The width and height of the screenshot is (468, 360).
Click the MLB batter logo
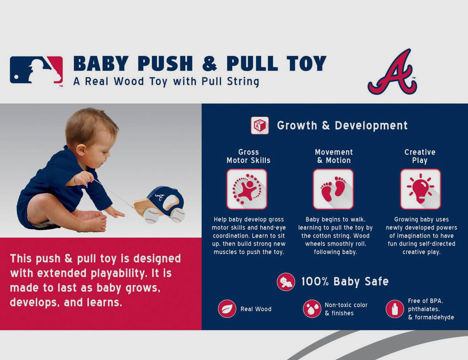tap(36, 70)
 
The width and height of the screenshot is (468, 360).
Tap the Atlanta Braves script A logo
tap(392, 72)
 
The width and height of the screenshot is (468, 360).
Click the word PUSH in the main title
tap(167, 63)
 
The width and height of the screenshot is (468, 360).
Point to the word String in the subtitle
tap(243, 82)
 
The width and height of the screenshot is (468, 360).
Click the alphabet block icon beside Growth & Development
tap(260, 125)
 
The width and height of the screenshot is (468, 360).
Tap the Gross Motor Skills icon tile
tap(247, 189)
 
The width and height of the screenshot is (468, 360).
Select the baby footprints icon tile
tap(333, 189)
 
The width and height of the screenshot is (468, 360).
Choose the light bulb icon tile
tap(420, 189)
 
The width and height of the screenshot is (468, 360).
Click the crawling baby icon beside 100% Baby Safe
tap(286, 282)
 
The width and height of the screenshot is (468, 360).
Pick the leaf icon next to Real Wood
tap(227, 309)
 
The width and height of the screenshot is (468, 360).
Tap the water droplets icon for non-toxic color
tap(312, 309)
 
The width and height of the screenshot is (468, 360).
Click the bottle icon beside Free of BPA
tap(395, 309)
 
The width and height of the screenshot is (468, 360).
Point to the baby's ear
tap(81, 149)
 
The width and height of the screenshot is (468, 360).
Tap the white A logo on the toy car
tap(159, 197)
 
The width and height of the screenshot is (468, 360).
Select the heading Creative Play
tap(420, 156)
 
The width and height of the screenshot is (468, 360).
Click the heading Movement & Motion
tap(334, 156)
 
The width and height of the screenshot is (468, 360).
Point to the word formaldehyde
tap(434, 317)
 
